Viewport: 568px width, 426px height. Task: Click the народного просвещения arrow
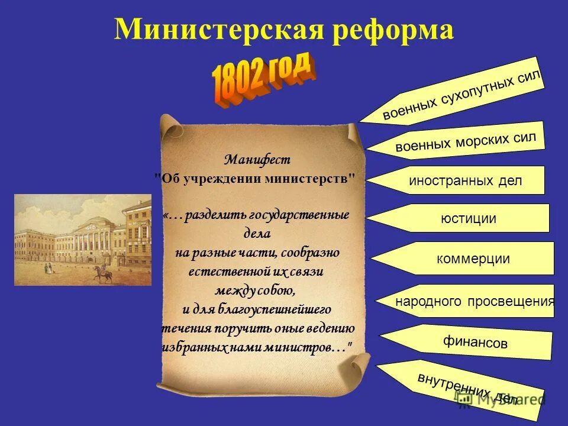(x=474, y=301)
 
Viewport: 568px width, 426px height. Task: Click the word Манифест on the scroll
(x=257, y=160)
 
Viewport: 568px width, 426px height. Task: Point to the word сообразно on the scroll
(x=311, y=253)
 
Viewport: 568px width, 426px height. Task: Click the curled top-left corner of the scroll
(x=170, y=125)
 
